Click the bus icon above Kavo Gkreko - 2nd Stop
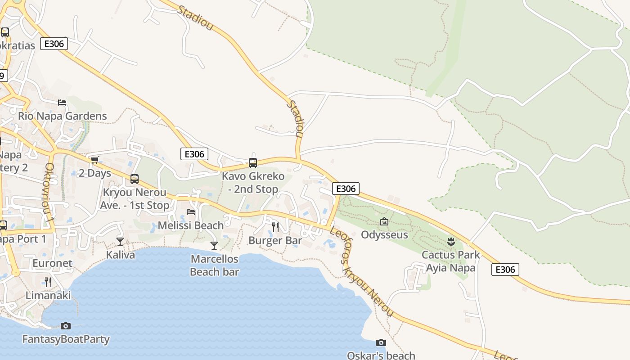253,163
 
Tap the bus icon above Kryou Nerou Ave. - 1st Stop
135,179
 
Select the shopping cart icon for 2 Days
94,160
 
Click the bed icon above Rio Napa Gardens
62,103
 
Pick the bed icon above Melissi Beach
191,211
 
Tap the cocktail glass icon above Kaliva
120,242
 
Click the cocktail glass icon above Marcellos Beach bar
214,245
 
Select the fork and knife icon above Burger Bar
275,227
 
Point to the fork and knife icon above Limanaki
48,282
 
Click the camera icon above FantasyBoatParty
66,326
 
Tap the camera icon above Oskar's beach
381,342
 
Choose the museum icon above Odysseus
384,221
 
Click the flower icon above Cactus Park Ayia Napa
451,242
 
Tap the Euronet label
52,263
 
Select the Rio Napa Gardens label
63,116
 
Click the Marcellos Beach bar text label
214,265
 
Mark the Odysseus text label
384,235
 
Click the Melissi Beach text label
191,225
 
